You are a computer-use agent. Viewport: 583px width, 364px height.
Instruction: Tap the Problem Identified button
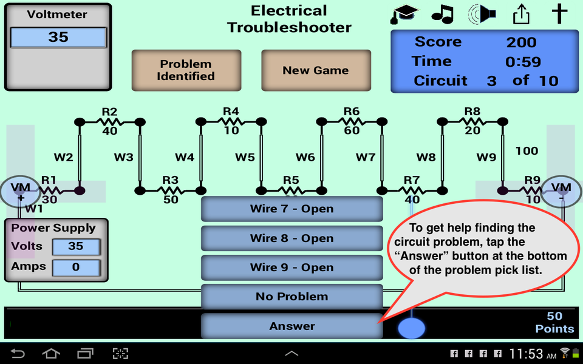tap(186, 70)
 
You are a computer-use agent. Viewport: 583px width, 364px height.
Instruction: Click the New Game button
tap(316, 70)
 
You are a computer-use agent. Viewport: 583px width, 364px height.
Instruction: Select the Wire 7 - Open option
tap(291, 209)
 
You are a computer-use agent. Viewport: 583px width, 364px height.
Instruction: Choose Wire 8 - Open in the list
tap(291, 238)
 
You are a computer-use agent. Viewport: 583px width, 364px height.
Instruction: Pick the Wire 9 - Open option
tap(291, 268)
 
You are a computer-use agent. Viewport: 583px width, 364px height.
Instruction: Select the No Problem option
tap(291, 297)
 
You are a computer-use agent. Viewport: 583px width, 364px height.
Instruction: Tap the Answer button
tap(291, 326)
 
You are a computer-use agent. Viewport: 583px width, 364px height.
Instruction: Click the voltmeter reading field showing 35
tap(58, 37)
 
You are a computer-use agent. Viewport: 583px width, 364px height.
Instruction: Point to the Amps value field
tap(76, 267)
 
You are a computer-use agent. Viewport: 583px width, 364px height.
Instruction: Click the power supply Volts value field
tap(76, 246)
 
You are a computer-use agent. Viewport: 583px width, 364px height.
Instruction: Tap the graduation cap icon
tap(404, 14)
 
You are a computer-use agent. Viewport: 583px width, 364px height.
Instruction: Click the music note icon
tap(443, 14)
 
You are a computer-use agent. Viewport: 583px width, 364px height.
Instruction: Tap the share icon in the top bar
tap(521, 14)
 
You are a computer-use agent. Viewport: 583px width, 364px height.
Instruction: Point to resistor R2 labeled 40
tap(109, 122)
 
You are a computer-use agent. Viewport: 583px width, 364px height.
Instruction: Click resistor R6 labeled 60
tap(351, 122)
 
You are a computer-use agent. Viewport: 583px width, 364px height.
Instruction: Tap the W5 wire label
tap(245, 157)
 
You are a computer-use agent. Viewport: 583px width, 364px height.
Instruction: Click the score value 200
tap(521, 42)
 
